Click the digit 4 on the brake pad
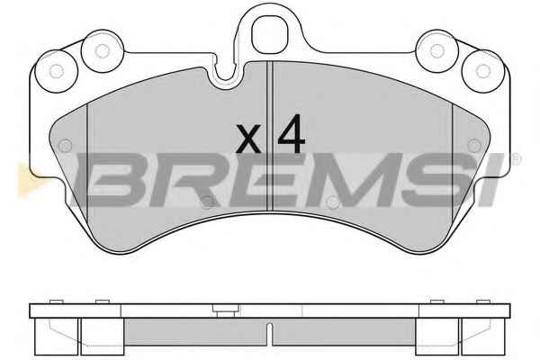(x=292, y=134)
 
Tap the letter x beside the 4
(x=248, y=139)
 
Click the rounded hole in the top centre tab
(x=270, y=34)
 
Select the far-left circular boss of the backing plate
(x=57, y=71)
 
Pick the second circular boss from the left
(x=103, y=51)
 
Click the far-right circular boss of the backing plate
(x=482, y=71)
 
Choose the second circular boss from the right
(x=437, y=51)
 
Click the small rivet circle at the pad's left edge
(x=65, y=146)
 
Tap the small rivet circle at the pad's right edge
(x=474, y=146)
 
